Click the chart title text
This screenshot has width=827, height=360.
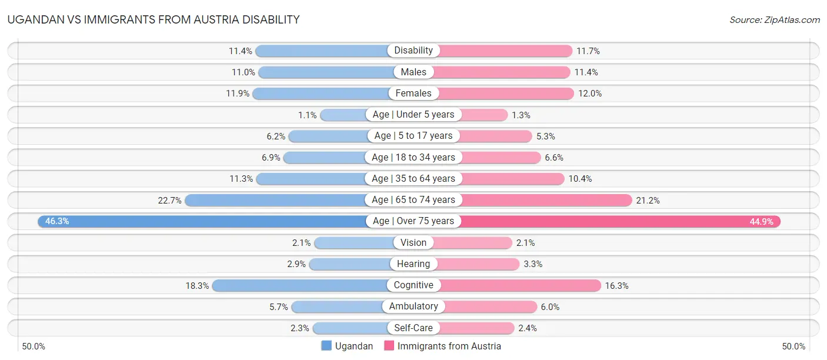coord(154,19)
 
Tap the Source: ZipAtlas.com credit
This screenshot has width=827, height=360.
coord(774,19)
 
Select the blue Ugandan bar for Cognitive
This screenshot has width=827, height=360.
coord(300,285)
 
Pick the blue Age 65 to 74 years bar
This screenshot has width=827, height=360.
coord(276,200)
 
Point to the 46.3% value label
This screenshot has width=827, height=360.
coord(57,221)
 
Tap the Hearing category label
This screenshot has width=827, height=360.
coord(413,264)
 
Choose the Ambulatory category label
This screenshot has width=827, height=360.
coord(413,306)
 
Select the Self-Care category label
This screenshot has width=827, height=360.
coord(413,328)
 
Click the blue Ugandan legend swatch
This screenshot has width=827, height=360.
coord(326,346)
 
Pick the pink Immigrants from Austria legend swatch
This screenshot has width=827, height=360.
coord(389,346)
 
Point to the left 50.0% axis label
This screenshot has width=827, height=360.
coord(34,346)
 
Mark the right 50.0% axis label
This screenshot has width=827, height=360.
coord(793,346)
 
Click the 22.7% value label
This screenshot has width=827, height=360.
coord(169,200)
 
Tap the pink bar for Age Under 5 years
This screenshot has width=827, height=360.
coord(482,115)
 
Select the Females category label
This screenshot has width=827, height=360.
coord(413,93)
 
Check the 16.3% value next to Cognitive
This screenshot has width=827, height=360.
coord(616,285)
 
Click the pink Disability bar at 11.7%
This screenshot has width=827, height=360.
coord(506,51)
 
